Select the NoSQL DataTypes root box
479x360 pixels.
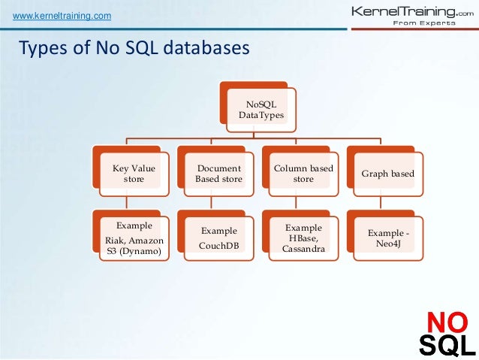258,109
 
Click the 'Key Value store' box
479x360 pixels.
134,174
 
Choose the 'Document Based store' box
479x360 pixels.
218,174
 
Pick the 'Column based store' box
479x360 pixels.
303,174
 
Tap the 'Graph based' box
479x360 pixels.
388,174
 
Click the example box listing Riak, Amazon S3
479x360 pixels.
134,238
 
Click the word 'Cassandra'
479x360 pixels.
303,249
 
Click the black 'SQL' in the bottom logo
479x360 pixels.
446,345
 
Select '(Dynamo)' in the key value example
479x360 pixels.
134,250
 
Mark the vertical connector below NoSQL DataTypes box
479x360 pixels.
258,133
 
